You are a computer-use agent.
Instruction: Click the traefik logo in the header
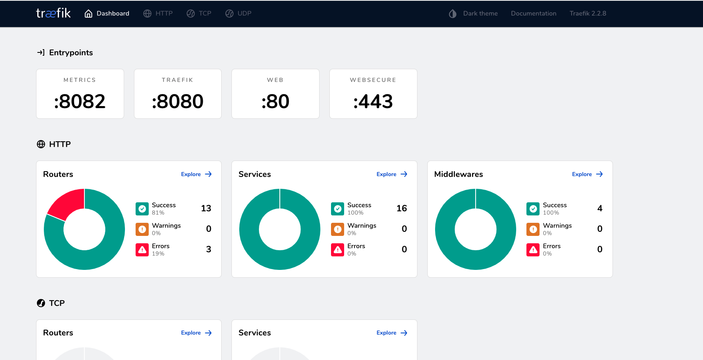coord(53,13)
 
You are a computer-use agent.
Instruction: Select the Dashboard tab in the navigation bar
coord(107,14)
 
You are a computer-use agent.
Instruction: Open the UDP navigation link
coord(238,14)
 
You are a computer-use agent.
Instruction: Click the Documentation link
coord(533,14)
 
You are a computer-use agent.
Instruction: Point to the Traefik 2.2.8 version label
coord(587,14)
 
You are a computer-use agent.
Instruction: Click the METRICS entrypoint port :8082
coord(80,102)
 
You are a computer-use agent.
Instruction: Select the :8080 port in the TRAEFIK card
coord(177,102)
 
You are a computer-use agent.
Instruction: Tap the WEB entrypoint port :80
coord(275,102)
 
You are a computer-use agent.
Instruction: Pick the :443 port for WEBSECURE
coord(373,102)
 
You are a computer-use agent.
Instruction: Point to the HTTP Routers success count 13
coord(206,208)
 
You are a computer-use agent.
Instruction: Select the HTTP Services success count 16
coord(401,208)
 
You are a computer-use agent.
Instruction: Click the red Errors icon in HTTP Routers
coord(142,249)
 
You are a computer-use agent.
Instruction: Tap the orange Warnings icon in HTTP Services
coord(338,229)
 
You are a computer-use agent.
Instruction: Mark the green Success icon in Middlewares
coord(533,209)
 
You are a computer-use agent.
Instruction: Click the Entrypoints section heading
coord(71,52)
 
